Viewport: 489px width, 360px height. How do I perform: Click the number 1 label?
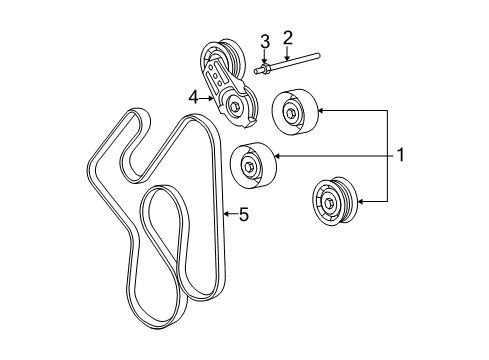coord(401,155)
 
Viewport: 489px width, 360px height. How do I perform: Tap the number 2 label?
coord(287,38)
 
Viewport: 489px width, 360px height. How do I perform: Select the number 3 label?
coord(265,41)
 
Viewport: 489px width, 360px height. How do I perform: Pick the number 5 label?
coord(243,213)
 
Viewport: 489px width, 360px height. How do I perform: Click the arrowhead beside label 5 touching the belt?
coord(227,213)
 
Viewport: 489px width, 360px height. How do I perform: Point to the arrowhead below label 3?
coord(265,62)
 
